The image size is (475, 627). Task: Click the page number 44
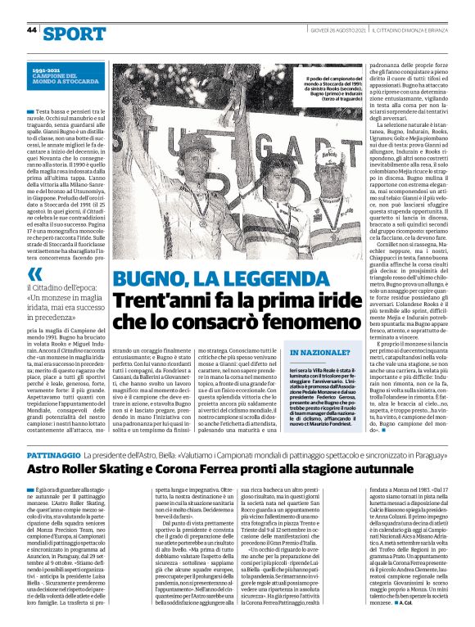pyautogui.click(x=32, y=30)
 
